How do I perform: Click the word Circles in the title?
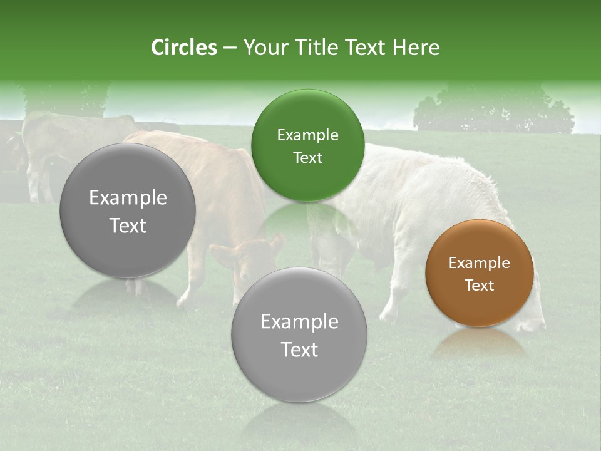[183, 48]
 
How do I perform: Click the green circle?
[307, 145]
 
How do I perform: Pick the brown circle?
[480, 273]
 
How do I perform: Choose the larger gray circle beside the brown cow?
[128, 210]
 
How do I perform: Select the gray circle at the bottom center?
[299, 335]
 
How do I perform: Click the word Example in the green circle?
[307, 135]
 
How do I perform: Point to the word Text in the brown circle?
[480, 286]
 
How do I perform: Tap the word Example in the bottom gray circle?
[299, 321]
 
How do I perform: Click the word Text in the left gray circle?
[128, 225]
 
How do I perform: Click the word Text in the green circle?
[307, 157]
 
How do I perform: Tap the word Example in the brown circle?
[480, 263]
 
